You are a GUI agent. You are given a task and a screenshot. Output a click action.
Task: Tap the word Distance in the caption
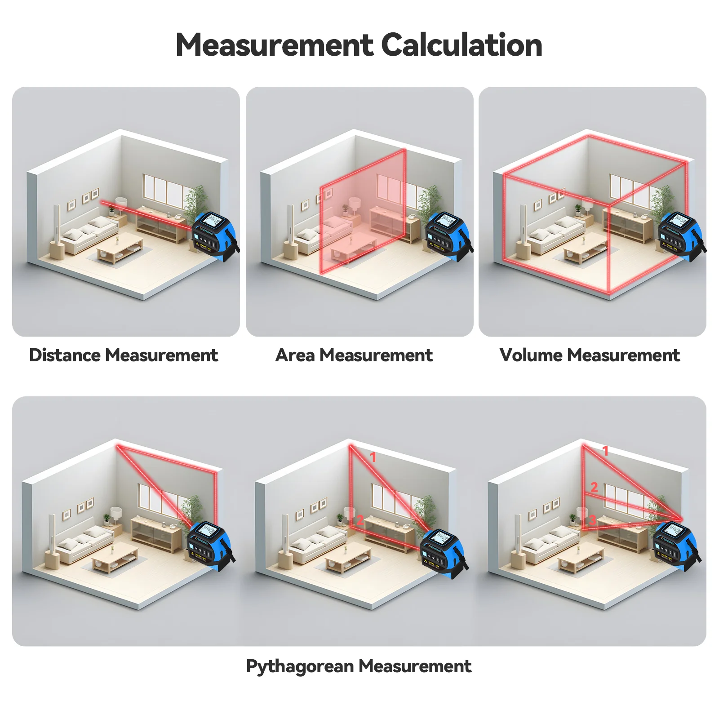pyautogui.click(x=65, y=355)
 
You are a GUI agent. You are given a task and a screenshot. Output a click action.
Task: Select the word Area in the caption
pyautogui.click(x=295, y=355)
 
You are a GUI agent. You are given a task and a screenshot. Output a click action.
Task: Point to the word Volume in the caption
pyautogui.click(x=531, y=355)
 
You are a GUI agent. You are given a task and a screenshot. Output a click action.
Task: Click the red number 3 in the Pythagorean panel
pyautogui.click(x=593, y=520)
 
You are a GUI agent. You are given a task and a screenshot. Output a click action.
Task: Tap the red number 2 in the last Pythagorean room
pyautogui.click(x=594, y=487)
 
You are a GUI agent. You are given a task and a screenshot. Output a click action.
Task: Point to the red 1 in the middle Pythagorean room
pyautogui.click(x=373, y=457)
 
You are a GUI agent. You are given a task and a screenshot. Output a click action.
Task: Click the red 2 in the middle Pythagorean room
pyautogui.click(x=360, y=520)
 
